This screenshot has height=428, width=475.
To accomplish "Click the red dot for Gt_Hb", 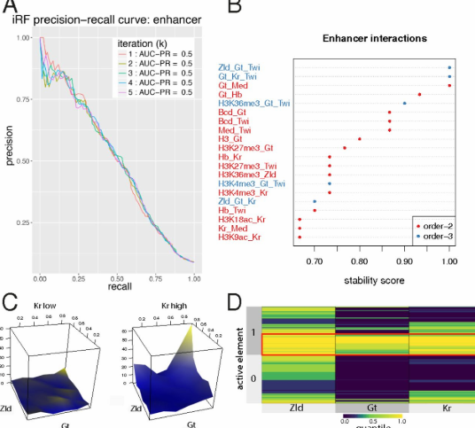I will coord(419,94).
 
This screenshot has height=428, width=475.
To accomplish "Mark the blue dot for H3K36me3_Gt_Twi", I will coord(405,103).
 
